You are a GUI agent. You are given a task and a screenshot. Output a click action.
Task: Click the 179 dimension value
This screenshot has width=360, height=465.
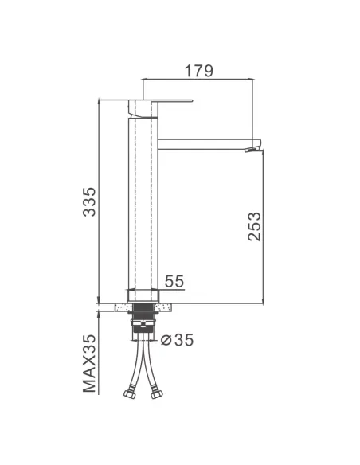(198, 71)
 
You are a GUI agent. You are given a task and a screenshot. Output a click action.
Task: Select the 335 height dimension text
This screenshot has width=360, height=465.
(89, 201)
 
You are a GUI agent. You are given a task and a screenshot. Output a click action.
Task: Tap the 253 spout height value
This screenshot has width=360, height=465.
(254, 226)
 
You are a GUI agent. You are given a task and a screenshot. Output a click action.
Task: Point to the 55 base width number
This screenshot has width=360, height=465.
(174, 281)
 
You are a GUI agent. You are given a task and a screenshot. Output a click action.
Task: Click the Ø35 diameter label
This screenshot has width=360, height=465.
(177, 340)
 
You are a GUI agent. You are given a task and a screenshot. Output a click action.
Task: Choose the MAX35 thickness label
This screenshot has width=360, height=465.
(89, 363)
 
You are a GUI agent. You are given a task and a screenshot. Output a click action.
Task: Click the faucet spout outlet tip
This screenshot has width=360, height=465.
(254, 149)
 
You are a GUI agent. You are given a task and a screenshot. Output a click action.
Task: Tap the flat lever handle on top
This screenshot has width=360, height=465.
(161, 101)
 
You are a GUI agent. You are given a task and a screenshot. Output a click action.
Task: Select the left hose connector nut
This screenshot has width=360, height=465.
(129, 394)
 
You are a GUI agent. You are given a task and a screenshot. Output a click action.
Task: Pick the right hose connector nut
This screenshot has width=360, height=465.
(157, 394)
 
